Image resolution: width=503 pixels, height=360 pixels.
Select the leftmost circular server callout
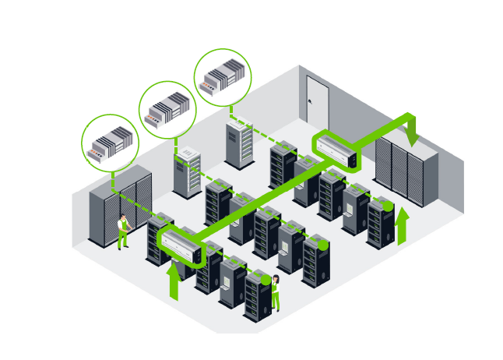click(x=109, y=143)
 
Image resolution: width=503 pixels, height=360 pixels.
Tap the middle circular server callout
click(x=167, y=109)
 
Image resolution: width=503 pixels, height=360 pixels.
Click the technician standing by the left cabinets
click(x=121, y=232)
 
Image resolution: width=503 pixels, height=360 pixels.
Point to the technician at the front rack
click(x=275, y=292)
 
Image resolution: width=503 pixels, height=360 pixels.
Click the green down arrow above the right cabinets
click(x=411, y=129)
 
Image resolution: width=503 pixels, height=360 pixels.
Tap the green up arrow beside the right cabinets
click(x=402, y=226)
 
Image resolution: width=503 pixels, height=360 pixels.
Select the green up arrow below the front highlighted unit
click(x=174, y=281)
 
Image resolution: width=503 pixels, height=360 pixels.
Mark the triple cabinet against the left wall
click(x=121, y=204)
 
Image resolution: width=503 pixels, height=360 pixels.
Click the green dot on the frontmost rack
click(x=266, y=278)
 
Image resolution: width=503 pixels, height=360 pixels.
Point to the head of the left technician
click(x=121, y=219)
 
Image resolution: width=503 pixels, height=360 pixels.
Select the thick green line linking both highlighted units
click(x=257, y=204)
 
